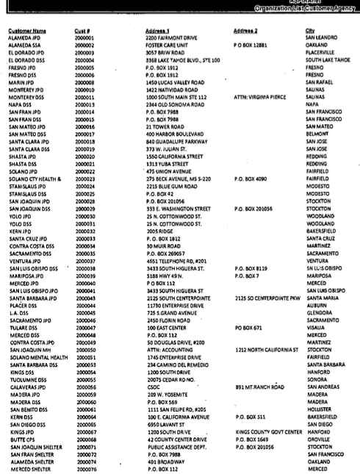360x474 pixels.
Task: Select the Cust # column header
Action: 82,30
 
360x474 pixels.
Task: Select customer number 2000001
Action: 84,38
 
